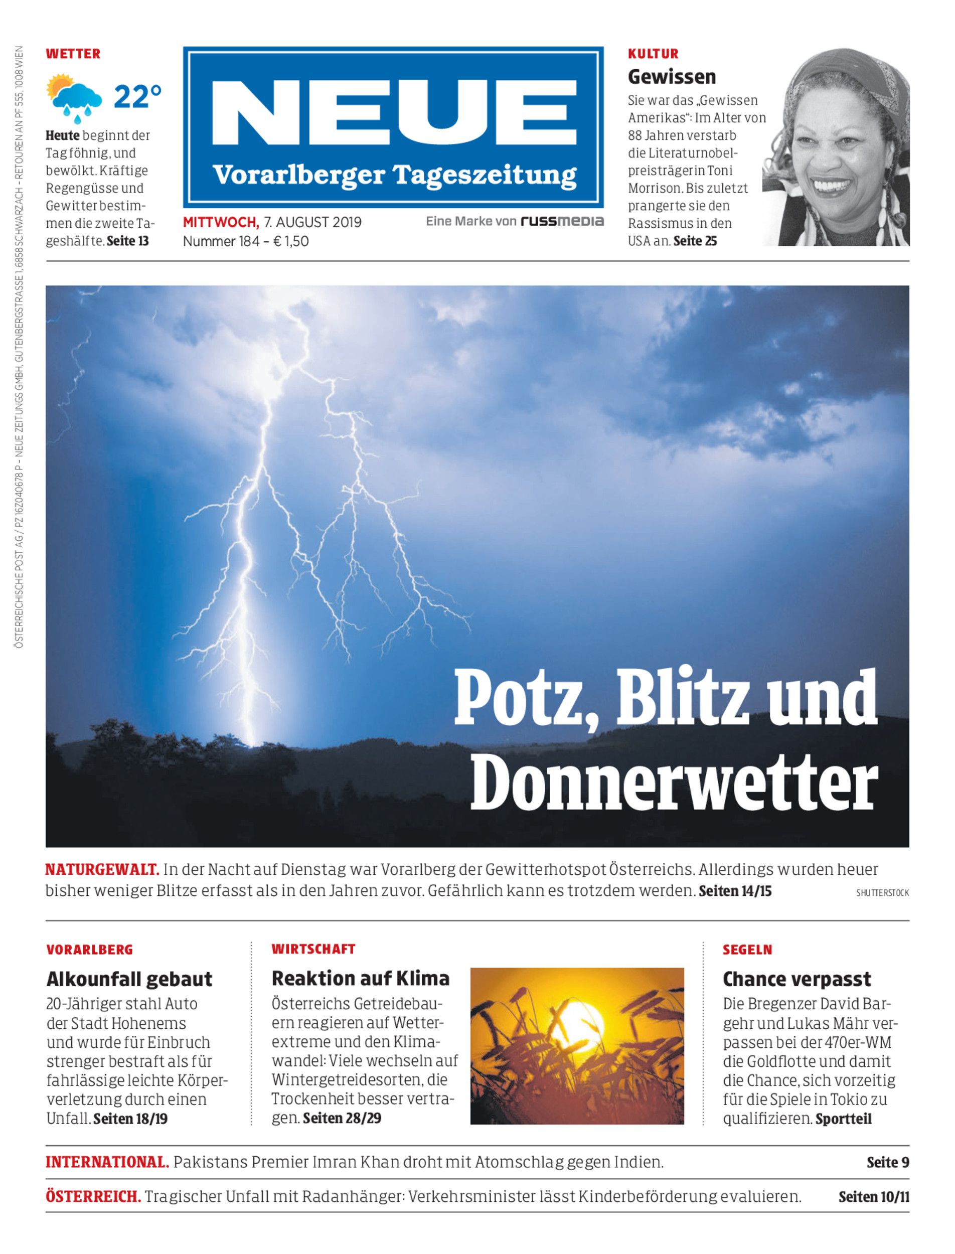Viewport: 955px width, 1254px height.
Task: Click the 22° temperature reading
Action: pos(137,97)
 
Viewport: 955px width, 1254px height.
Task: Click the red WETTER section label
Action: pos(73,54)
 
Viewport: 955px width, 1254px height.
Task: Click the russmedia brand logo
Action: pos(562,222)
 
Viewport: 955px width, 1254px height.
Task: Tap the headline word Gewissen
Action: pos(671,77)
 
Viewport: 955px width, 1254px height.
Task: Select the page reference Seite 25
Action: pos(695,241)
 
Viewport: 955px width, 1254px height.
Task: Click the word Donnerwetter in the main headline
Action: pos(673,784)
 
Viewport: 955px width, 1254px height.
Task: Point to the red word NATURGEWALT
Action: pos(102,869)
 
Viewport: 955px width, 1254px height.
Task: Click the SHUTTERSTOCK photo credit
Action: pos(882,893)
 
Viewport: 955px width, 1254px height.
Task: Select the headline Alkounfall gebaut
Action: pos(129,979)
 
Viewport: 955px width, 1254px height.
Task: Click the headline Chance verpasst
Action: pos(797,979)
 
